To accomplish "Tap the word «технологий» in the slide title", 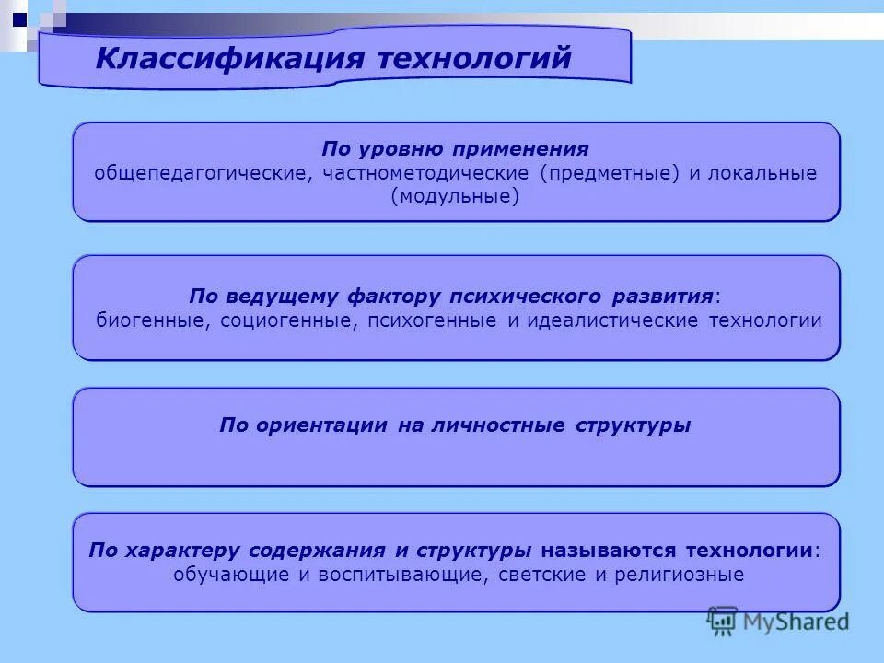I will (x=475, y=59).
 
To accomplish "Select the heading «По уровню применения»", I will (x=455, y=149).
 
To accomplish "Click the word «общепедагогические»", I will (x=200, y=173).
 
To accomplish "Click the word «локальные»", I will (x=762, y=173).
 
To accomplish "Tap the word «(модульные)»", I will (x=455, y=196).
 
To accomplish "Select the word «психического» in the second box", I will (x=524, y=297).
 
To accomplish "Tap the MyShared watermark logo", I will (x=778, y=622).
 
